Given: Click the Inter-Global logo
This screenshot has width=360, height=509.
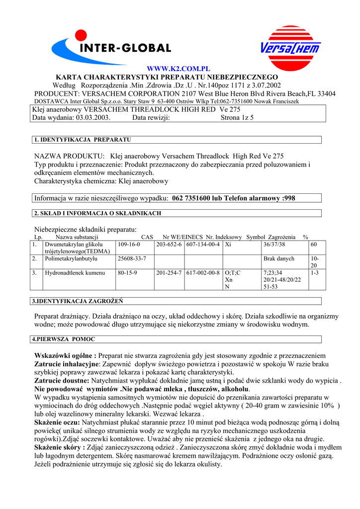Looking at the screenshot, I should tap(112, 47).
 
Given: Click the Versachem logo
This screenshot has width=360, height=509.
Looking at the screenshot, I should tap(291, 48).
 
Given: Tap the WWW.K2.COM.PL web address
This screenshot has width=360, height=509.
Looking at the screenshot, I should tap(179, 69).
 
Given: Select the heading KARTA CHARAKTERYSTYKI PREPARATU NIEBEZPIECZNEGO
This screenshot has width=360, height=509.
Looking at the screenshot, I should tap(167, 77).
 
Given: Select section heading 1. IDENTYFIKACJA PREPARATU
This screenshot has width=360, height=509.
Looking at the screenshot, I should tap(83, 140).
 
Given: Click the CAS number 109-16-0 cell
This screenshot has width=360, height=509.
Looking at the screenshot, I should tap(129, 245).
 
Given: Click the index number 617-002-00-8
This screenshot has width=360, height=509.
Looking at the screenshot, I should tap(203, 272).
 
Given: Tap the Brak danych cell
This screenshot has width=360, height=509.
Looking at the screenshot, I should tap(279, 258).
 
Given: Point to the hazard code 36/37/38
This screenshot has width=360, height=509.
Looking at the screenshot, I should tap(274, 245).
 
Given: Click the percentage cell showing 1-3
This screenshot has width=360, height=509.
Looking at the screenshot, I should tap(315, 272).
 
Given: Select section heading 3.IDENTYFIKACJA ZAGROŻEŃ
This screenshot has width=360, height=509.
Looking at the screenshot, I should tap(78, 301).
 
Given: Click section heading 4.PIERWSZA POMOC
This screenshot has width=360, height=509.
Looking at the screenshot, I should tap(63, 339).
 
